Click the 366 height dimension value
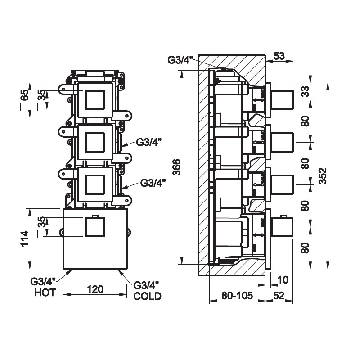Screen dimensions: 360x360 point(176,167)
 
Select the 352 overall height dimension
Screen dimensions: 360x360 point(323,175)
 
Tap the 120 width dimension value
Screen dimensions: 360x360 point(95,289)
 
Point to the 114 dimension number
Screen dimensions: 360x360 point(25,238)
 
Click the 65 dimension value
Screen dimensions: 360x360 point(25,95)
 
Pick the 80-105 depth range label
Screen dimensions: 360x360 point(237,296)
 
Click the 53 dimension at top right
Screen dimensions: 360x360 point(279,56)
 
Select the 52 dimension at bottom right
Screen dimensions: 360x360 point(279,296)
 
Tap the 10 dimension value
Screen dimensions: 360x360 point(283,280)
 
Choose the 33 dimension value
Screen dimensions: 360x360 point(306,91)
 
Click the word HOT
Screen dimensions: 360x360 point(45,292)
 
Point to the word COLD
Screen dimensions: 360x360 point(148,296)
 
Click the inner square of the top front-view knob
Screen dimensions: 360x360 point(95,100)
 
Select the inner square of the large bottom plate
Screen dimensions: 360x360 point(95,227)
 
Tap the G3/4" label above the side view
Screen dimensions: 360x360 point(180,60)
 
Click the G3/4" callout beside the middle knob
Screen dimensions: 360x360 point(149,143)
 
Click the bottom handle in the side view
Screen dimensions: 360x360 point(282,227)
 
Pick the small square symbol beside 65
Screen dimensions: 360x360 point(24,107)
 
